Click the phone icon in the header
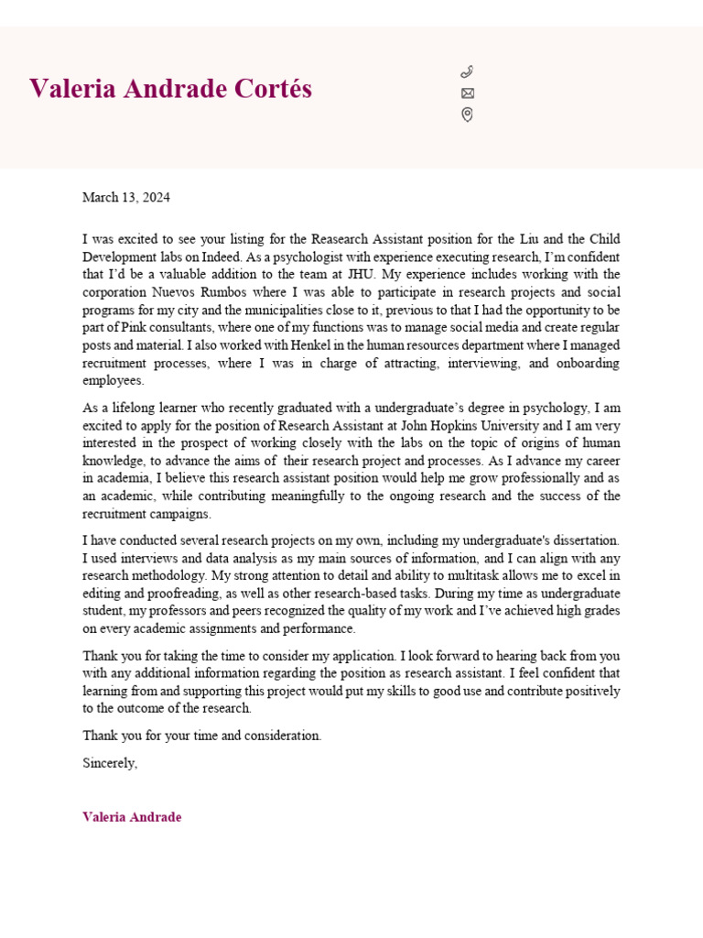(x=467, y=71)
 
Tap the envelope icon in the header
(x=467, y=93)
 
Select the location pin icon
(x=467, y=115)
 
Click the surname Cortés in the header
(x=272, y=89)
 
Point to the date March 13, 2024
(x=125, y=197)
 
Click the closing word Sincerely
(x=109, y=762)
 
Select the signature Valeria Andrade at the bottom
(x=132, y=817)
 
